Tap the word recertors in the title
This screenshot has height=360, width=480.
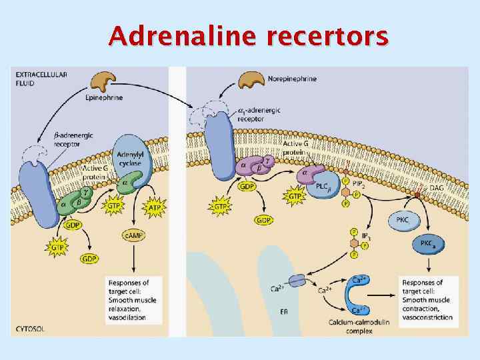(326, 36)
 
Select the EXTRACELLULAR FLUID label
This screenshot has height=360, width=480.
(41, 78)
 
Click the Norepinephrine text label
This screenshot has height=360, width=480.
(292, 79)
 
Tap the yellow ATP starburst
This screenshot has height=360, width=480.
(155, 207)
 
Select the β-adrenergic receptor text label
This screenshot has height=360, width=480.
(73, 139)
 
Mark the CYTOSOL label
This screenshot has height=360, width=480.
(31, 329)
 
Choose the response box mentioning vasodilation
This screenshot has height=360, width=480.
(133, 300)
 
